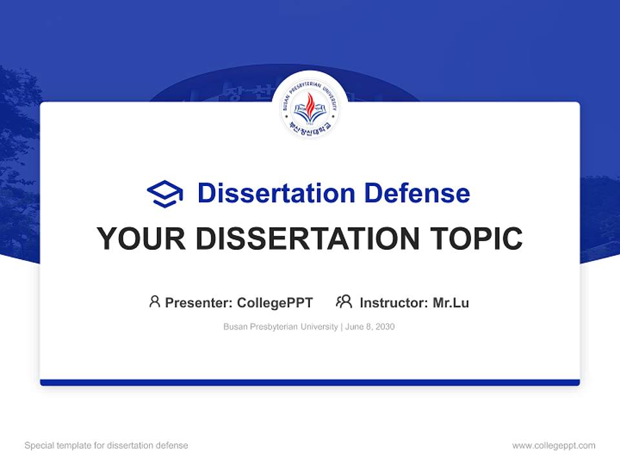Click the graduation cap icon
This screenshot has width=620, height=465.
(x=165, y=193)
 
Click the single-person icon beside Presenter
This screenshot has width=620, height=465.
(x=154, y=302)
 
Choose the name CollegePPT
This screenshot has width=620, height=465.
(x=275, y=302)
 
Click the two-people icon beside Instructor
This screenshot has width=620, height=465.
(x=344, y=302)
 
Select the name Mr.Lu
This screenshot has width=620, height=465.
(x=451, y=302)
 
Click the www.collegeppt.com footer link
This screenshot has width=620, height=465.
(x=553, y=446)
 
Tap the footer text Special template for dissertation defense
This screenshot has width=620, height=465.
(x=107, y=446)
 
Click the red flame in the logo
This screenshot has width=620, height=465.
(x=310, y=103)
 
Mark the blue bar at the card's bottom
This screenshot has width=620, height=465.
(x=310, y=382)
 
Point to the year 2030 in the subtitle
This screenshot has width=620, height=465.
(x=385, y=327)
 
